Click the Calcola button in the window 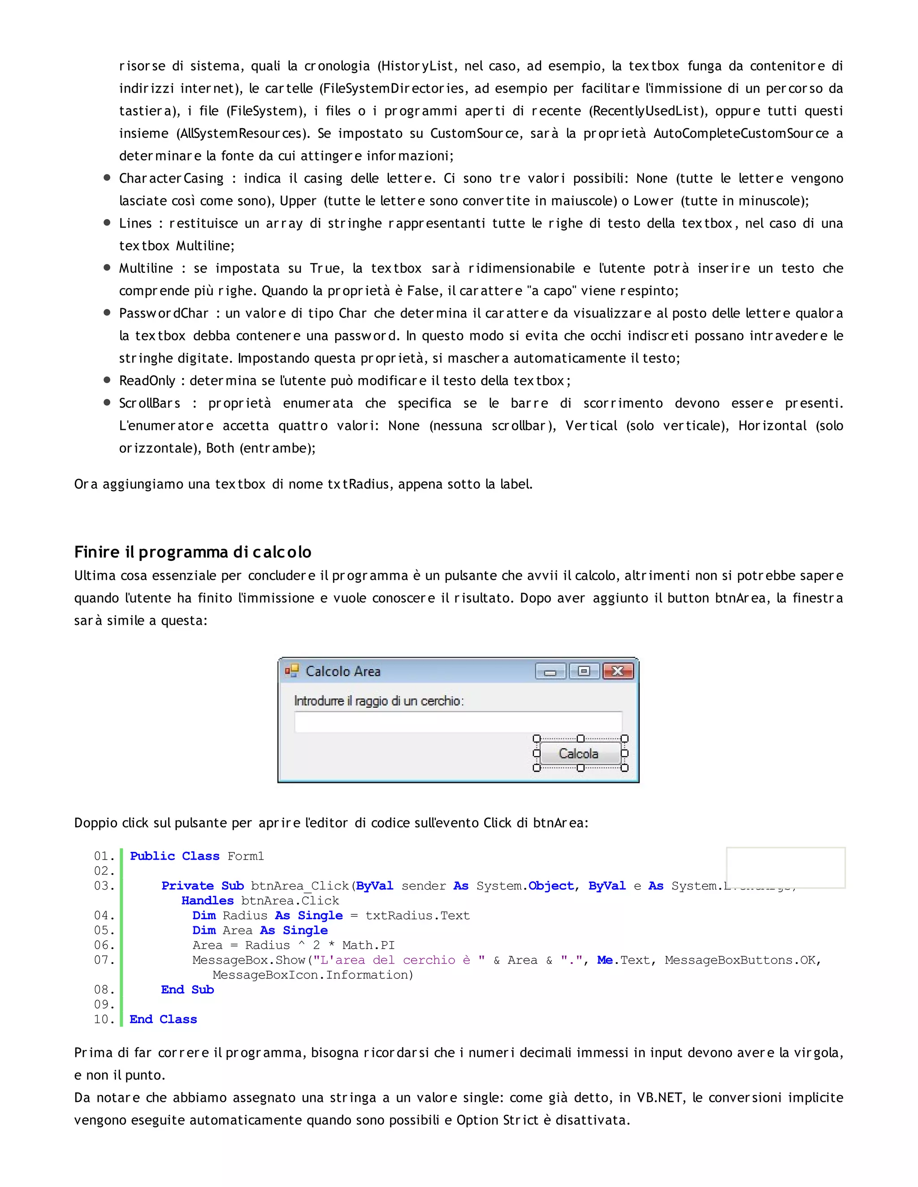579,753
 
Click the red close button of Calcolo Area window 618,671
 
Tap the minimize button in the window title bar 550,672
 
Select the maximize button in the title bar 584,671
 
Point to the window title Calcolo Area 343,671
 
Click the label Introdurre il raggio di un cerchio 378,701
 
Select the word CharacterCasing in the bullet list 171,178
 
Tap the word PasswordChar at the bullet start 164,313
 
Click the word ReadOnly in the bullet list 147,380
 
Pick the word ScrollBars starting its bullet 150,403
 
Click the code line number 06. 104,945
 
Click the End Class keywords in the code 163,1019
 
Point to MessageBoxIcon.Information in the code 313,975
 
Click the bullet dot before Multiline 107,268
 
